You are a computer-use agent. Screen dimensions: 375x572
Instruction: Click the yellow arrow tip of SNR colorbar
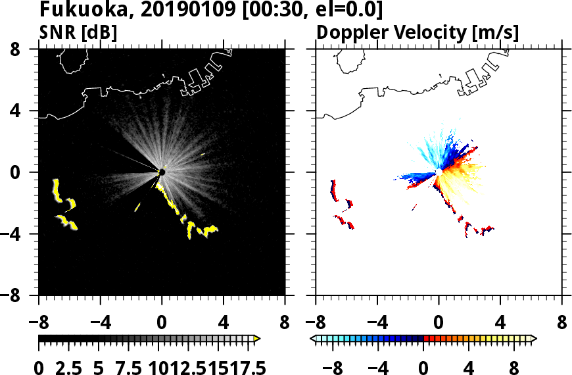(x=257, y=339)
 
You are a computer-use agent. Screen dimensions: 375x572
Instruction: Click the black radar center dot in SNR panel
(x=162, y=172)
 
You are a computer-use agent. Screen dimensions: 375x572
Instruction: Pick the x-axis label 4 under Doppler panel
(x=501, y=324)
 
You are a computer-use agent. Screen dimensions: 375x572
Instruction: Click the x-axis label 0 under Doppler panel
(x=439, y=324)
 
